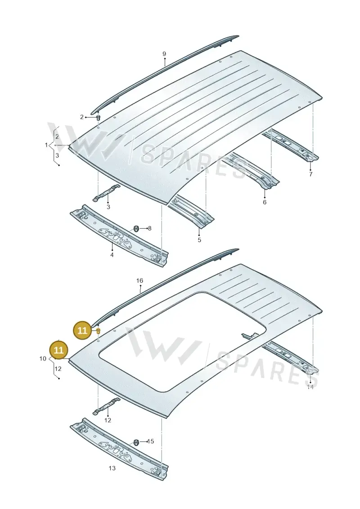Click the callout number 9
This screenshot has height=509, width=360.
coord(164,54)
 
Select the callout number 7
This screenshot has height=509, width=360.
coord(310,174)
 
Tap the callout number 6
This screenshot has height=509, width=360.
coord(265,202)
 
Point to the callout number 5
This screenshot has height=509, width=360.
coord(199,240)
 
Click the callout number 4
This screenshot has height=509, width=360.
coord(112,255)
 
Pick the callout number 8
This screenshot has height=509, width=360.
coord(149,229)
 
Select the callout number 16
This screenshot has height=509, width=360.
coord(139,280)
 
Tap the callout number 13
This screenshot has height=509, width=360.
coord(112,468)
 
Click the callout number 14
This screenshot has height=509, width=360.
coord(310,387)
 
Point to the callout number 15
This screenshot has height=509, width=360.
coord(150,441)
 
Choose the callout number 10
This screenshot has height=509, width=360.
coord(43,359)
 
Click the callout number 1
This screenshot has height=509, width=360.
coord(46,145)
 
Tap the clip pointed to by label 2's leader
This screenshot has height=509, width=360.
coord(99,117)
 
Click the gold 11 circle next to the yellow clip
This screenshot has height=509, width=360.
coord(83,330)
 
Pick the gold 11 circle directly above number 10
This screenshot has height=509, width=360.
coord(59,350)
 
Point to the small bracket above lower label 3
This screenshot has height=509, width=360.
coord(107,193)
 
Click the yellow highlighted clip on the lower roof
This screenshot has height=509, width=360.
coord(99,331)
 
